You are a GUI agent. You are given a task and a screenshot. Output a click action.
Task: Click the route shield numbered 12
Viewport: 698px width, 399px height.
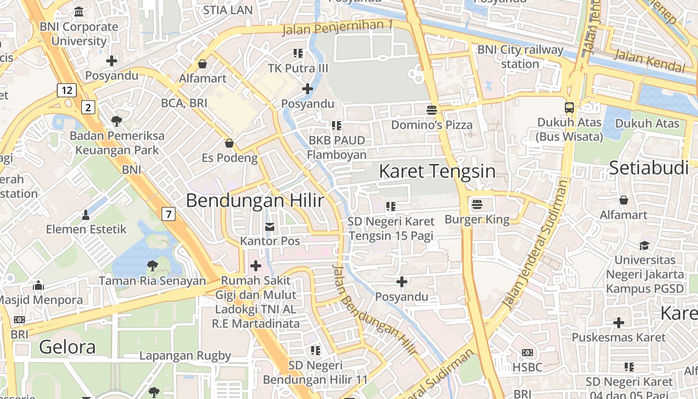point(66,90)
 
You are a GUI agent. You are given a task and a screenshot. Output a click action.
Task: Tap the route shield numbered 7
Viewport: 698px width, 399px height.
point(169,214)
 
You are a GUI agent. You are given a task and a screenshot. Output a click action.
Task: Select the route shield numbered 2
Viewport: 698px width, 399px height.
point(88,107)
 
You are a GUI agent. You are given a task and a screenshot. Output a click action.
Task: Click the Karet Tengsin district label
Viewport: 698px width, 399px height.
point(437,172)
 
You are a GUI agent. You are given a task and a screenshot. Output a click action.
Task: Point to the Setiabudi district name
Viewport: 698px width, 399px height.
point(649,168)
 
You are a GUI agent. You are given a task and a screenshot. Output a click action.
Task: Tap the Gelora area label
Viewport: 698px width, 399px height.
point(67,347)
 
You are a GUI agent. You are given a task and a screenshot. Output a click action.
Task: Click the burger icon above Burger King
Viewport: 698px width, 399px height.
point(477,204)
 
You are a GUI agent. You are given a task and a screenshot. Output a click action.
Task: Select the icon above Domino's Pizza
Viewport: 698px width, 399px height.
point(431,110)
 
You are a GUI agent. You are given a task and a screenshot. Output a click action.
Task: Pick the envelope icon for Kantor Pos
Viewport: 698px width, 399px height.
point(270,227)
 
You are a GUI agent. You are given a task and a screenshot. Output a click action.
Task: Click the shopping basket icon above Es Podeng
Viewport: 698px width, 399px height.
point(229,144)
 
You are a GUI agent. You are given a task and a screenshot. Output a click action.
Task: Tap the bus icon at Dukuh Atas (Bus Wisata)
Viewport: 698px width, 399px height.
point(569,107)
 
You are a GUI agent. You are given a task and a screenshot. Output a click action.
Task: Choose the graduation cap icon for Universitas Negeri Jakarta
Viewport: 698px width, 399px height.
point(644,245)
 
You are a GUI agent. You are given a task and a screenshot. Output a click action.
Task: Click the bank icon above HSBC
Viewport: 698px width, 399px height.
point(527,353)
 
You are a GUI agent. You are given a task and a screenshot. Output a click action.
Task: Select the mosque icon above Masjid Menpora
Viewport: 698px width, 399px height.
point(38,285)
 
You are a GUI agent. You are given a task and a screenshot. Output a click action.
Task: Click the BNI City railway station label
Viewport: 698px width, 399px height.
point(520,57)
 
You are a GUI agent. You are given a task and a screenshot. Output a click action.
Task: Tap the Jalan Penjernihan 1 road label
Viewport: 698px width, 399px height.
point(338,28)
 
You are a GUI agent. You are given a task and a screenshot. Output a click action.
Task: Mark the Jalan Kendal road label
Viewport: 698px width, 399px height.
point(649,60)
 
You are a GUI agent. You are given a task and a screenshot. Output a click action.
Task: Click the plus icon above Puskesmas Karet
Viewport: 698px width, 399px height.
point(618,323)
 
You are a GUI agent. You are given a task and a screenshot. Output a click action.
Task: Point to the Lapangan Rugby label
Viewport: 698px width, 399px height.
point(185,356)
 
